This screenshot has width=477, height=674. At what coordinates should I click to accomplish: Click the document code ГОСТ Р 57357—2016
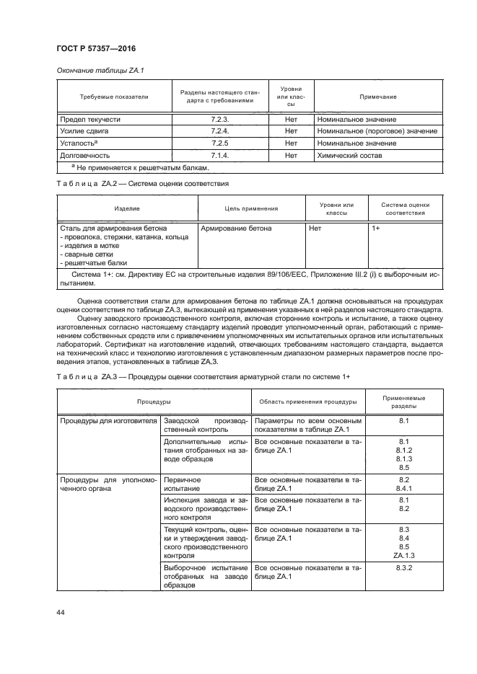[x=96, y=49]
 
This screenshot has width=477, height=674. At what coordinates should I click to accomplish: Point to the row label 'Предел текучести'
[x=90, y=119]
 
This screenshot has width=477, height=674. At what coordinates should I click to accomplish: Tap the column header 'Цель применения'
[x=251, y=208]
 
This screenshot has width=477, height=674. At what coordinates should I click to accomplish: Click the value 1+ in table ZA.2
[x=376, y=228]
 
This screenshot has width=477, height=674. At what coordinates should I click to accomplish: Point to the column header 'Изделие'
[x=127, y=208]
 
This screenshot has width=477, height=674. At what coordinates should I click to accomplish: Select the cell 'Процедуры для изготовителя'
[x=108, y=420]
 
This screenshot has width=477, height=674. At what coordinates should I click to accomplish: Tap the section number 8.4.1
[x=403, y=488]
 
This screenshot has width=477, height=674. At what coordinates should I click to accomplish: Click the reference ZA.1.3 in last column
[x=403, y=555]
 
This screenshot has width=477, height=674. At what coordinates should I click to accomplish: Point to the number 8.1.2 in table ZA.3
[x=403, y=449]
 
